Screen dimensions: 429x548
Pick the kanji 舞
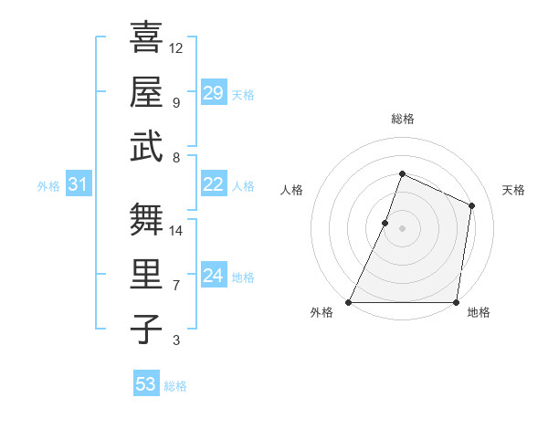146,219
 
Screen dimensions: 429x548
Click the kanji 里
146,274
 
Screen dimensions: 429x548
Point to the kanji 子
146,329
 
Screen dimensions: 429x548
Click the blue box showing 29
214,93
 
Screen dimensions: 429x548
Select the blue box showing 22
214,184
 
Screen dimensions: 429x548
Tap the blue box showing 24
214,276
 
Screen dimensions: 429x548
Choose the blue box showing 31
79,185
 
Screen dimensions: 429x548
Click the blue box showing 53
146,384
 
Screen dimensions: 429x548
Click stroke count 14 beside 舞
176,230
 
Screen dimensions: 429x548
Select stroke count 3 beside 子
176,340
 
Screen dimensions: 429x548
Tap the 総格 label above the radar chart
402,119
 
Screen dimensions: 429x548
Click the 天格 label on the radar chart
513,190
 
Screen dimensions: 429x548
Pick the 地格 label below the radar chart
479,313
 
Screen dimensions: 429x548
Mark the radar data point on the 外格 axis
349,302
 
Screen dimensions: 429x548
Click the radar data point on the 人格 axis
385,223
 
